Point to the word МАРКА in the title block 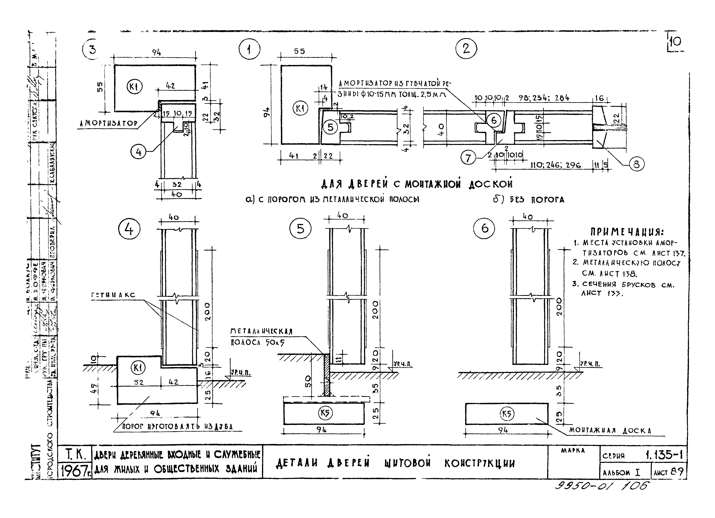click(573, 451)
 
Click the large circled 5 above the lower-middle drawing click(300, 229)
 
